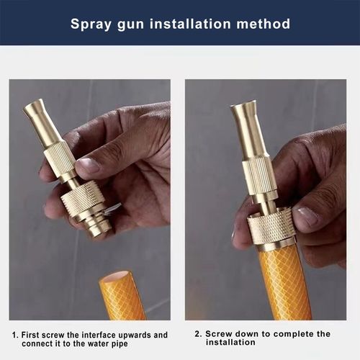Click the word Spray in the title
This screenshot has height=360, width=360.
tap(91, 24)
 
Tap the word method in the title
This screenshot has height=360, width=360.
tap(266, 24)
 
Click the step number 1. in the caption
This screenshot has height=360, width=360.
tap(15, 335)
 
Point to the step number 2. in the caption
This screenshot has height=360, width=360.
tap(197, 334)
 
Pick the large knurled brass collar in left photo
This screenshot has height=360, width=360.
tap(82, 199)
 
